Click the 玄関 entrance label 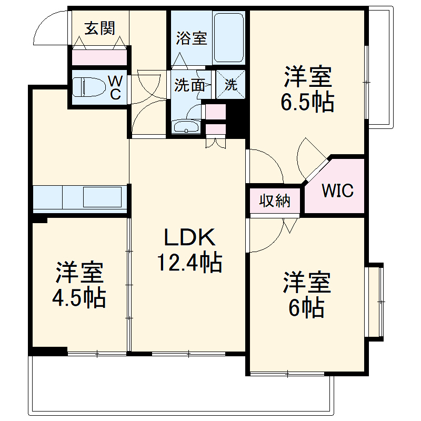tap(100, 28)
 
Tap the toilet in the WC tap(88, 87)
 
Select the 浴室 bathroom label tap(192, 38)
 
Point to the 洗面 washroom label tap(189, 85)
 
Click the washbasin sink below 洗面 tap(186, 127)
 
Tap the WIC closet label tap(337, 191)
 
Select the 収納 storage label tap(275, 201)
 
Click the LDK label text tap(189, 238)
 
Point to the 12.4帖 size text tap(189, 262)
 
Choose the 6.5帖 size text tap(308, 103)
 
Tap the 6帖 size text tap(306, 308)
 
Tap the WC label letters tap(115, 87)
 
